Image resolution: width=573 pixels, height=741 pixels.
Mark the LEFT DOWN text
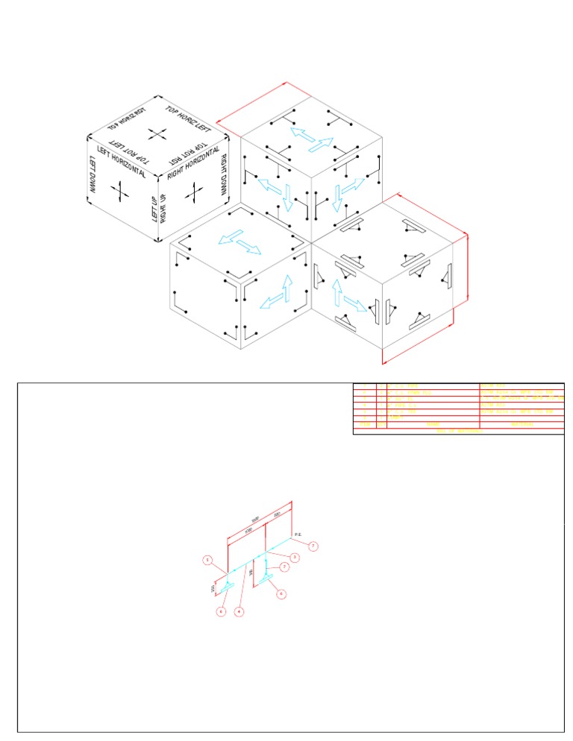(x=93, y=176)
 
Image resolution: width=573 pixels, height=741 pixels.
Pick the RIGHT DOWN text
(x=222, y=176)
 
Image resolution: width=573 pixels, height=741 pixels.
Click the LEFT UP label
(x=155, y=209)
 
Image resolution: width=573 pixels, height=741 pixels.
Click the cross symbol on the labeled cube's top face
(x=157, y=134)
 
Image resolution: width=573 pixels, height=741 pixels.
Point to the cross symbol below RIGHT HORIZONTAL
(x=194, y=194)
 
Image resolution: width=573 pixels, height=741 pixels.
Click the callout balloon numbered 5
(x=208, y=559)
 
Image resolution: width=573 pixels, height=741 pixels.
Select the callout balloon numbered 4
(x=239, y=612)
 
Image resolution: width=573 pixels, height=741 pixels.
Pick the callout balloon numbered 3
(x=295, y=557)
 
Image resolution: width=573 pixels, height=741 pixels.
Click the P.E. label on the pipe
(x=297, y=535)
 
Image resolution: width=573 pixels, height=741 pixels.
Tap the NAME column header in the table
(x=433, y=424)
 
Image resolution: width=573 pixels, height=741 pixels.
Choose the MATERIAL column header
(x=521, y=424)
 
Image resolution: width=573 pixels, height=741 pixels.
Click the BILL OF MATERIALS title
(x=458, y=431)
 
